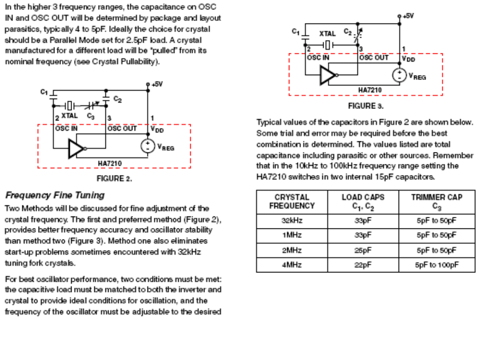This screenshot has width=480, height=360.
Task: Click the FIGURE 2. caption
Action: pos(114,179)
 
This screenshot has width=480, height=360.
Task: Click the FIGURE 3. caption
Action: pos(366,106)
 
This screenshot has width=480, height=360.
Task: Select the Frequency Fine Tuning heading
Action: pos(55,195)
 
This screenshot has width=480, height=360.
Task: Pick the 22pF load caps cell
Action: pos(363,265)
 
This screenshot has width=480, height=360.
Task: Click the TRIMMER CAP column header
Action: pos(437,201)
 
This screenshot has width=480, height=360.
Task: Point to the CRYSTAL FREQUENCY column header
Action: pos(292,201)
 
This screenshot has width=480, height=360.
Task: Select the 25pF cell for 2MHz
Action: pos(363,250)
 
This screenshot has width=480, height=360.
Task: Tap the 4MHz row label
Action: pos(292,265)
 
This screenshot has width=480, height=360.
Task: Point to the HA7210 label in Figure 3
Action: pos(370,90)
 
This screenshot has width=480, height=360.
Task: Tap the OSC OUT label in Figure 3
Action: pos(373,58)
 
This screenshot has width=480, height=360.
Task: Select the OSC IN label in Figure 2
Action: pos(67,128)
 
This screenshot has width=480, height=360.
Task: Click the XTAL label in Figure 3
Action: pos(328,34)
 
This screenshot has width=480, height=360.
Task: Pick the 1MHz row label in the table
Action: pos(292,236)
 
